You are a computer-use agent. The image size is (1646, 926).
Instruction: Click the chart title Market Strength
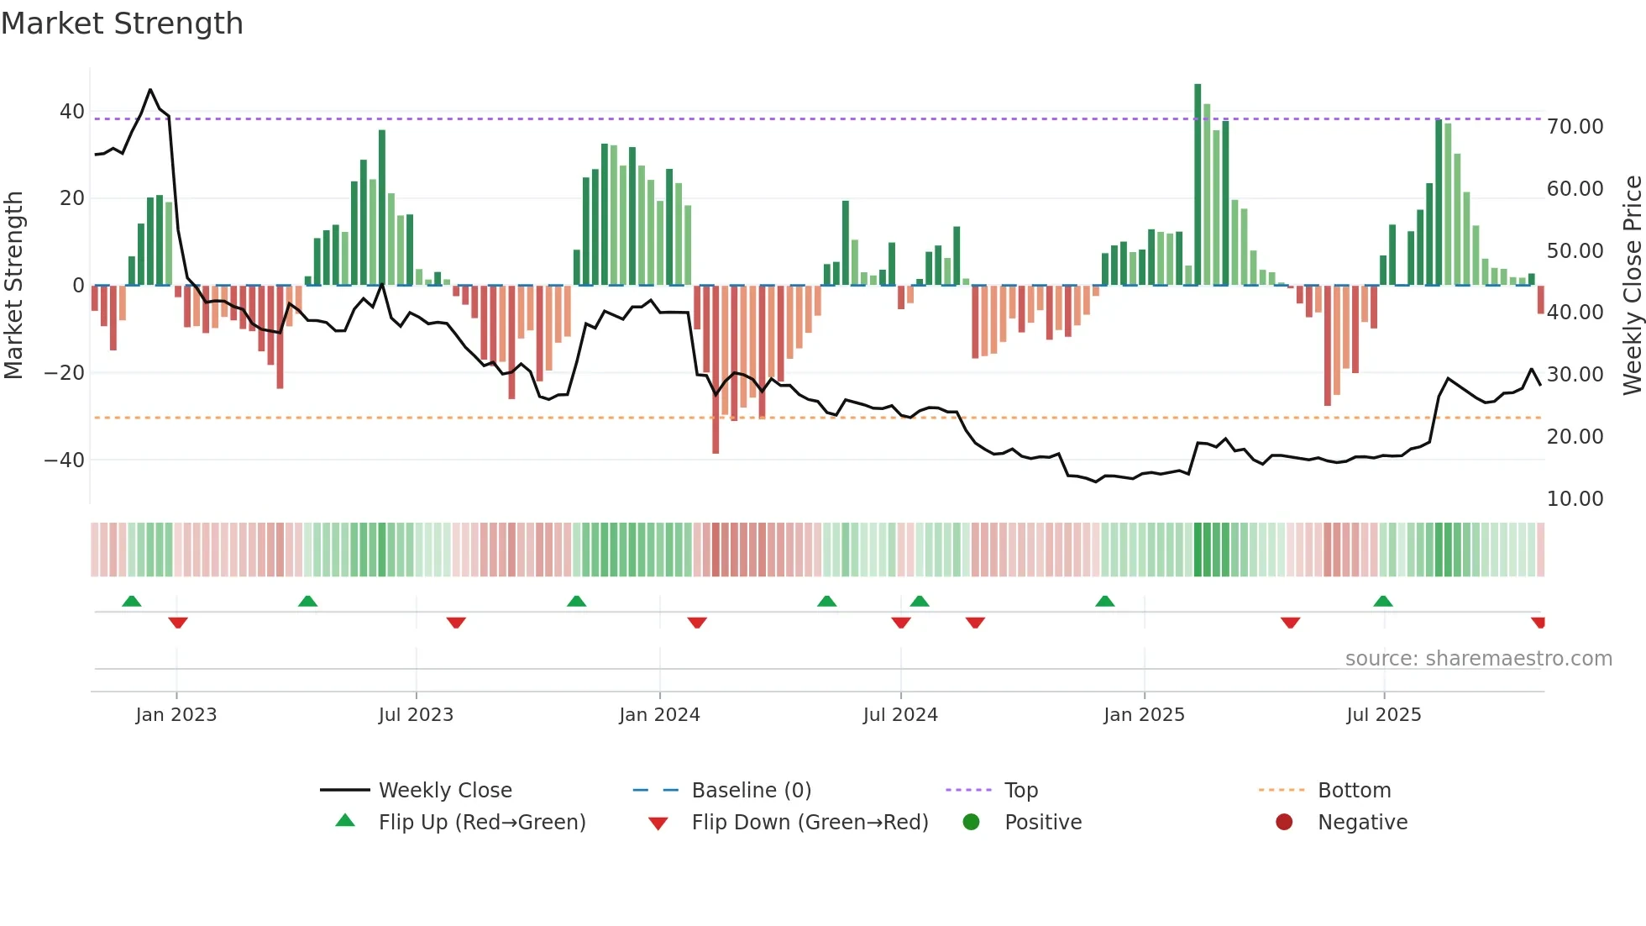(x=122, y=24)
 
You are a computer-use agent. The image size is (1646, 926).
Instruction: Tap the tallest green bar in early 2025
(x=1198, y=185)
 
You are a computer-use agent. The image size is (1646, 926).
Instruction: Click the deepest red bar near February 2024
(x=716, y=370)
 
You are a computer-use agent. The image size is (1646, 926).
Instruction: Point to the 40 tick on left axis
(x=72, y=112)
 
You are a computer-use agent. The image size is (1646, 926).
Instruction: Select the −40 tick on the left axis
(x=65, y=460)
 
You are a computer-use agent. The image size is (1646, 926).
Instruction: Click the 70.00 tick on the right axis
(x=1575, y=127)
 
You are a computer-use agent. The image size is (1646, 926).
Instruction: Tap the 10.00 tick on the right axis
(x=1575, y=499)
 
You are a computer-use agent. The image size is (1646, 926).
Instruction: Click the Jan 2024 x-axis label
(x=659, y=715)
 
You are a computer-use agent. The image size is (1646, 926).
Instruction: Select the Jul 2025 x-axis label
(x=1383, y=715)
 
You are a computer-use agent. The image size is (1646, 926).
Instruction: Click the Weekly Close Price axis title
(x=1632, y=286)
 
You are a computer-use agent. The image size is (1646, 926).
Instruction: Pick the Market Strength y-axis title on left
(x=14, y=286)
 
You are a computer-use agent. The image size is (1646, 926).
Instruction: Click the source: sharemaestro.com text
(x=1478, y=659)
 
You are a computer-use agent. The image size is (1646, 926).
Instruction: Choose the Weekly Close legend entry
(x=444, y=791)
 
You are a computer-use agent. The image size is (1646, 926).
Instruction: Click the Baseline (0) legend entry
(x=751, y=791)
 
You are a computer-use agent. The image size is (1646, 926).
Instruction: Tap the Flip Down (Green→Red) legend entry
(x=809, y=823)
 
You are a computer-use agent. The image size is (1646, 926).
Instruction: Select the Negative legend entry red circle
(x=1284, y=823)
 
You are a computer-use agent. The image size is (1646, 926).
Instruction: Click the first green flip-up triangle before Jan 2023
(x=132, y=601)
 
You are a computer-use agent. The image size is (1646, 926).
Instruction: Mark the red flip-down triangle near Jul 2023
(x=456, y=623)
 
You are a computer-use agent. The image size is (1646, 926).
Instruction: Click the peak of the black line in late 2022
(x=150, y=89)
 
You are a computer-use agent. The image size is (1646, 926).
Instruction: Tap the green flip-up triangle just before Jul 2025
(x=1383, y=601)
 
